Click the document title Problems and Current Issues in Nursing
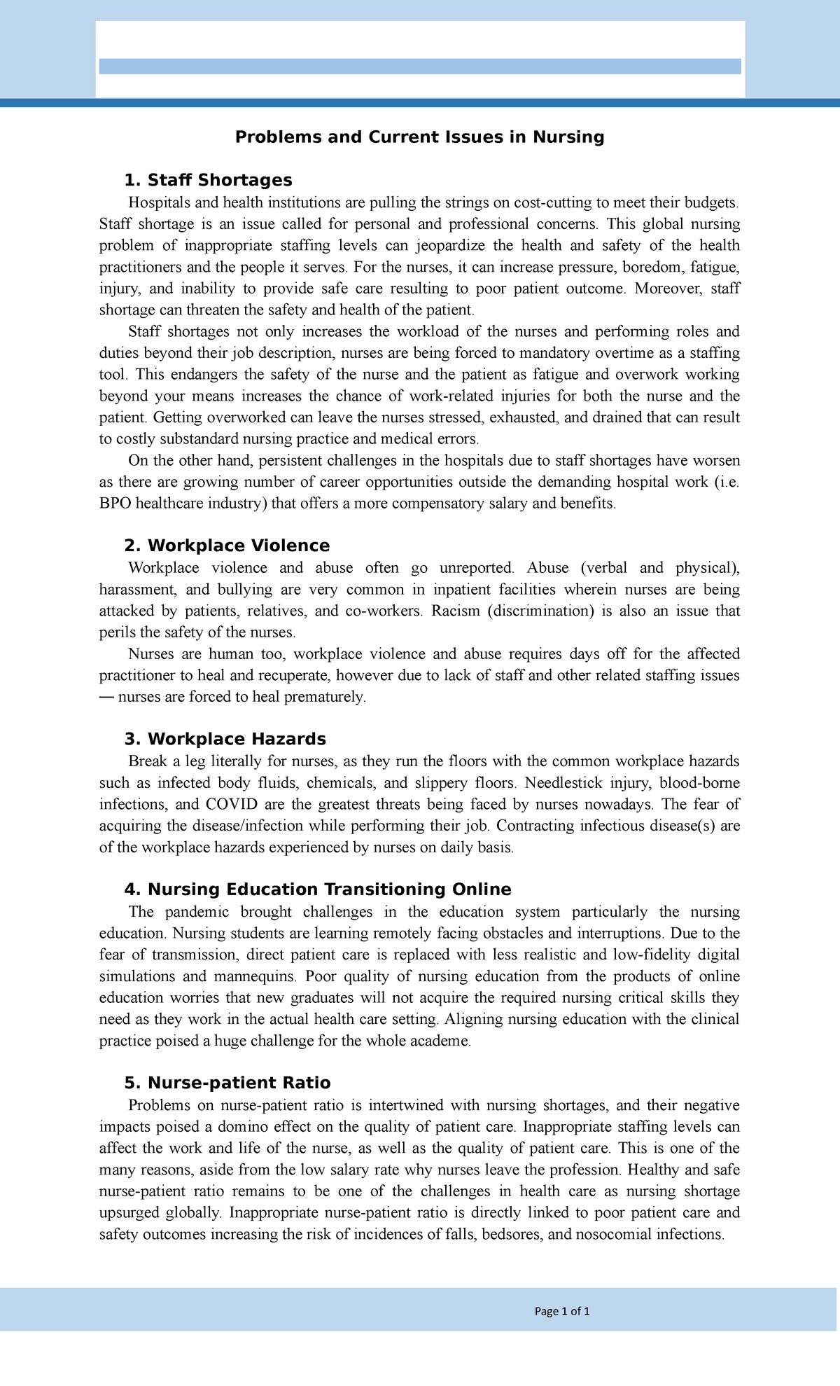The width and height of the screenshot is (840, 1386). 419,137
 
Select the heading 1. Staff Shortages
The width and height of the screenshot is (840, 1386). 208,181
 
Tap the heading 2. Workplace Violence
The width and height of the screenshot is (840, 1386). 226,546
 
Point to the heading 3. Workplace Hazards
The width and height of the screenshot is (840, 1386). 225,740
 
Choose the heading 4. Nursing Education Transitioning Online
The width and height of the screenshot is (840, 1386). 317,890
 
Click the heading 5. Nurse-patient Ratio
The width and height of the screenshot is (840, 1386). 227,1083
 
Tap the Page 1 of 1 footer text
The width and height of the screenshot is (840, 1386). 561,1312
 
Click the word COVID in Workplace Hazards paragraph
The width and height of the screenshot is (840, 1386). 231,805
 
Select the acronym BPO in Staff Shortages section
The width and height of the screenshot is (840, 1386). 115,504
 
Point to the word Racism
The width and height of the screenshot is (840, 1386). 455,611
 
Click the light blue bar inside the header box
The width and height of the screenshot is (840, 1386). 419,67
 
